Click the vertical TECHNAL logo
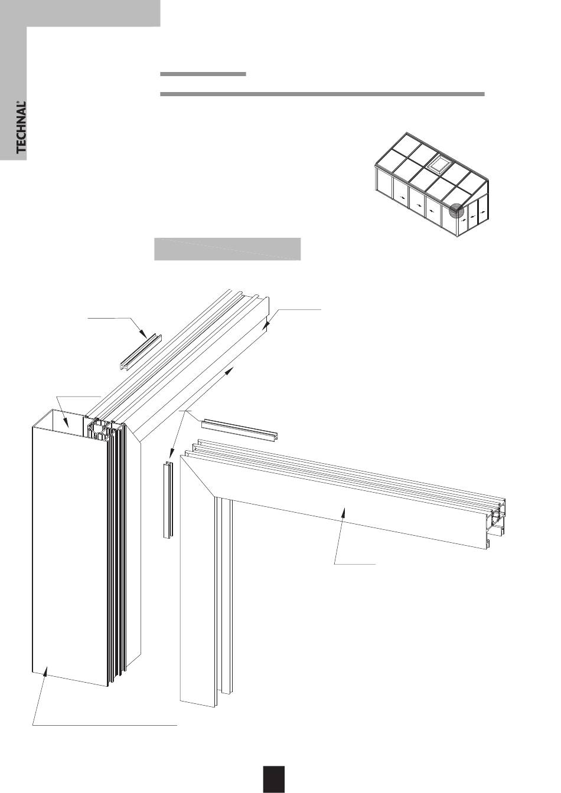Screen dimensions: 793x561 [21, 127]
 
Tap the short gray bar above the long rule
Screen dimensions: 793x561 [203, 74]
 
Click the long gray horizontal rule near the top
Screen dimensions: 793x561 [322, 94]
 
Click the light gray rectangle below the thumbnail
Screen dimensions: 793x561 [227, 248]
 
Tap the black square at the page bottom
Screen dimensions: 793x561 [274, 779]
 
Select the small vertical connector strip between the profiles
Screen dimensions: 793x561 [167, 500]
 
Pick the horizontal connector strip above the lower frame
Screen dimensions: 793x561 [240, 430]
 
